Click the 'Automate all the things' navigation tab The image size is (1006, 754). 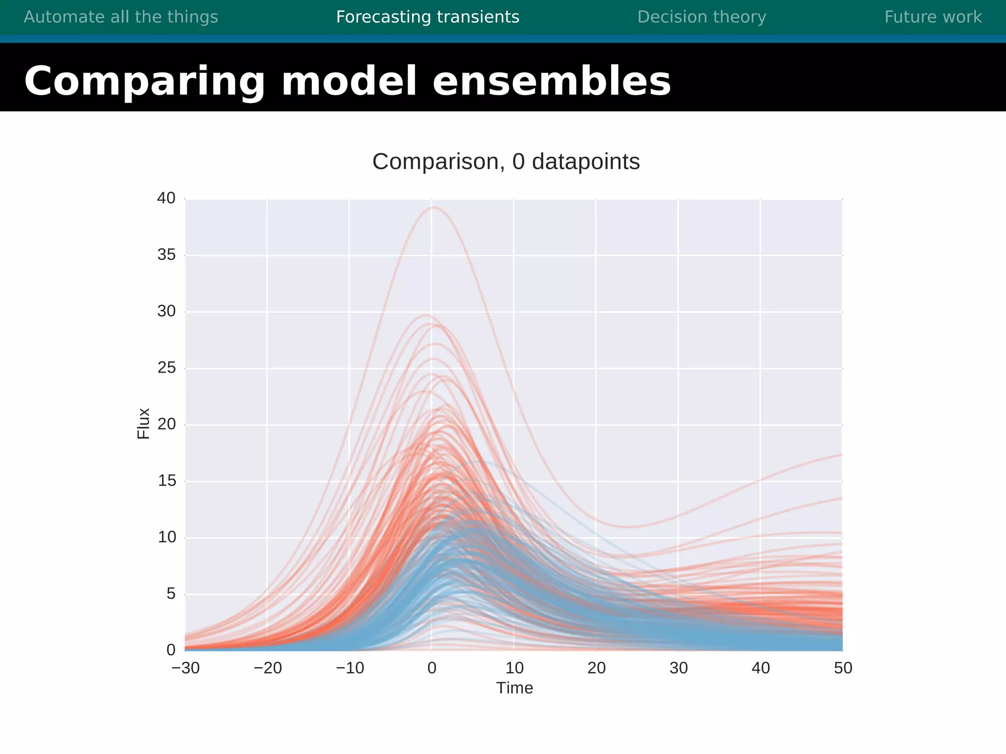(121, 17)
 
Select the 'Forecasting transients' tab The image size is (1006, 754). (427, 17)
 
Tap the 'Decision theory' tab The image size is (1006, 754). (701, 17)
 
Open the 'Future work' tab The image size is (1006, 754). (933, 17)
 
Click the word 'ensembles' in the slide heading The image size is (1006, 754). (551, 81)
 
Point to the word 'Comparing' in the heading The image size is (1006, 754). (144, 82)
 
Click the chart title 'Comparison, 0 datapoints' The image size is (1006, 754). (506, 162)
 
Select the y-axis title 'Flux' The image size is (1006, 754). (143, 423)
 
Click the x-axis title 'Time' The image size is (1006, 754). (514, 688)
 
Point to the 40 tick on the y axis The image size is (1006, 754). (166, 198)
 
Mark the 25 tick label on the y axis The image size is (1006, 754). (167, 368)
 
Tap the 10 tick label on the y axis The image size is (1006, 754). (167, 538)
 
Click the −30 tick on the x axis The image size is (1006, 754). (186, 668)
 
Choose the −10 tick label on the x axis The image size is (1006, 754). (350, 668)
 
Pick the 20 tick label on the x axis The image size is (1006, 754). (596, 668)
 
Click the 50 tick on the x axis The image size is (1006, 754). (843, 668)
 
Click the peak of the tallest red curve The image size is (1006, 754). (434, 207)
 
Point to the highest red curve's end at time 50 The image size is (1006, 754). (841, 455)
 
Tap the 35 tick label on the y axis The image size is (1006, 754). (167, 255)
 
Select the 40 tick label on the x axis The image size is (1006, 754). (760, 668)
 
